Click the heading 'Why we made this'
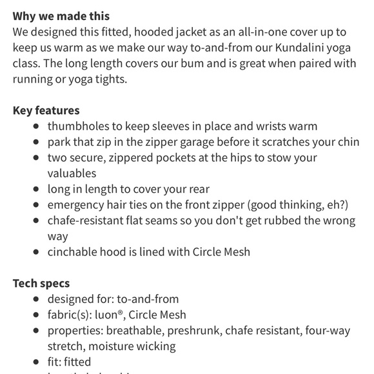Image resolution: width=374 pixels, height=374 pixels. pos(61,16)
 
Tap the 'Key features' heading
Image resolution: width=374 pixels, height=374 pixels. pos(46,110)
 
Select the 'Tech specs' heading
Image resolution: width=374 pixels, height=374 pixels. pos(41,283)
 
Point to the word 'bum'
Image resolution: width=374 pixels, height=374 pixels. pos(219,63)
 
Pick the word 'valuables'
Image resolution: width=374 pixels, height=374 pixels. pos(72,173)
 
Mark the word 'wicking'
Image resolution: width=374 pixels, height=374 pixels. pos(155,346)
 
